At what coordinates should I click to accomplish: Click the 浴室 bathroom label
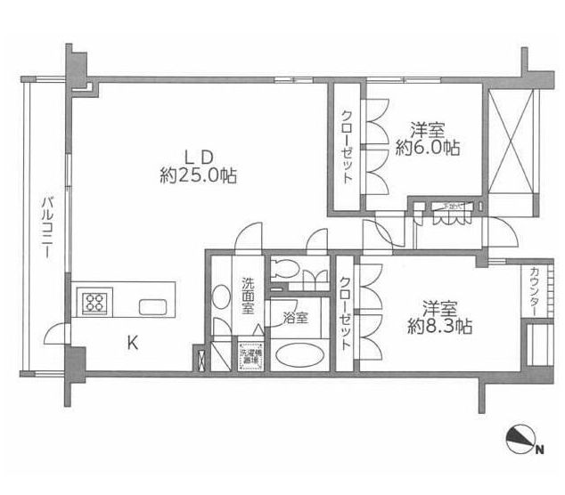pyautogui.click(x=296, y=316)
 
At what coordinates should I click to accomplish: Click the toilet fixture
pyautogui.click(x=288, y=268)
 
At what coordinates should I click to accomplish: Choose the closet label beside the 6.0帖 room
pyautogui.click(x=347, y=147)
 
